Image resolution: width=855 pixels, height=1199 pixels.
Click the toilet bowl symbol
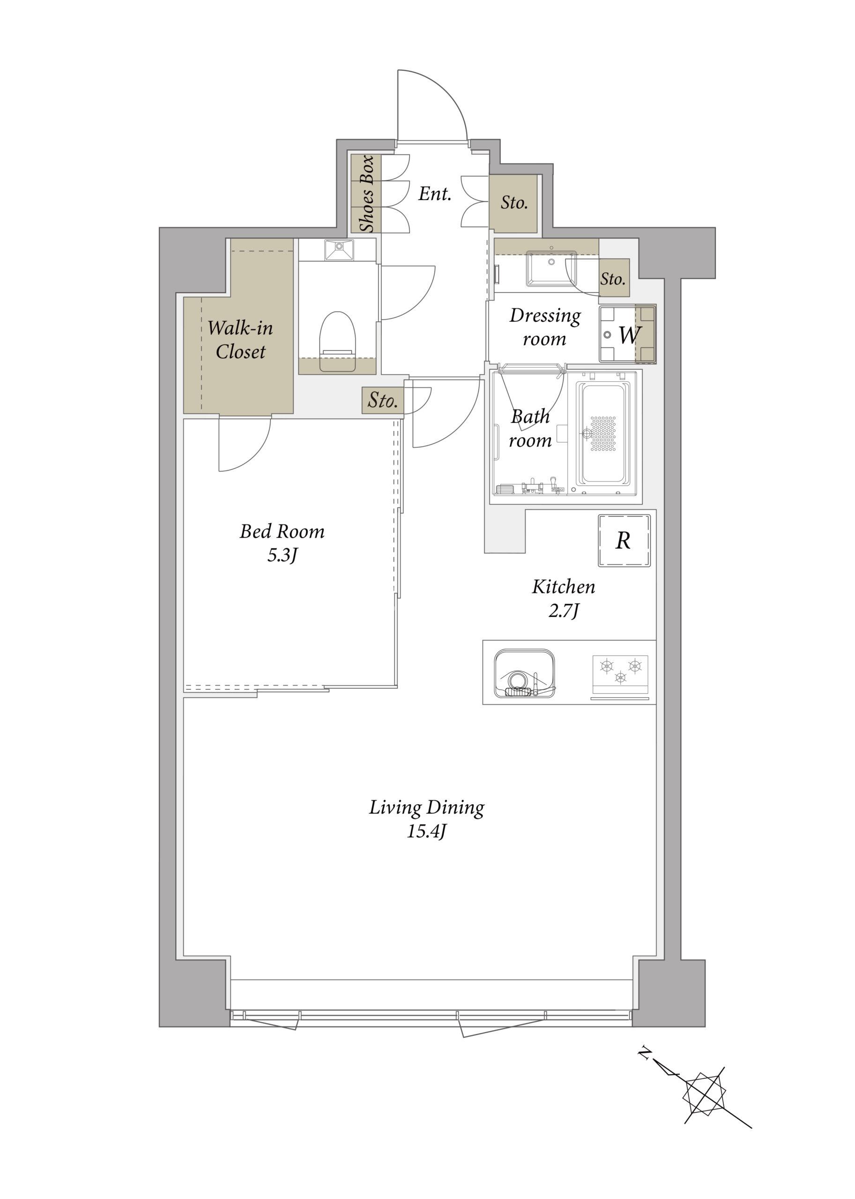coord(337,341)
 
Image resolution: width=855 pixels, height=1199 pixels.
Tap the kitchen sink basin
coord(524,673)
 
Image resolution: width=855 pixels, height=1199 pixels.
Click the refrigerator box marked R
coord(624,540)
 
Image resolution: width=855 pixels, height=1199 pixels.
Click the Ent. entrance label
coord(435,194)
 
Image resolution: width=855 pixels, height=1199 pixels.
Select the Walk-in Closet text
coord(240,340)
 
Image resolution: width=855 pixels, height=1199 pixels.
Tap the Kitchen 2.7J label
coord(563,599)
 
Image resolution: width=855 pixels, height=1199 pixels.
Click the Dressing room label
coord(545,327)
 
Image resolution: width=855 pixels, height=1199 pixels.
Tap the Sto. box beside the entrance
coord(513,203)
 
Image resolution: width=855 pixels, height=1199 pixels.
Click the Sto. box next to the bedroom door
coord(383,400)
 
